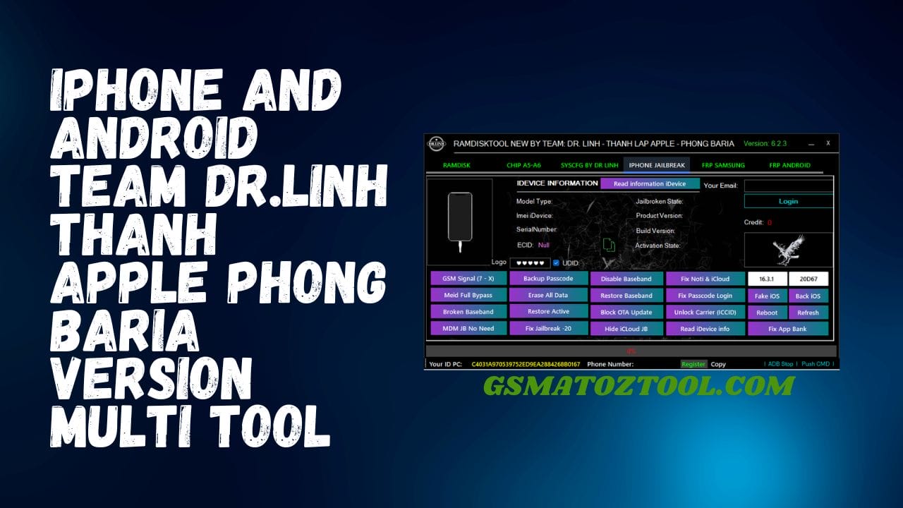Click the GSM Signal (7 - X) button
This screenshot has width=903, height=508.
[468, 279]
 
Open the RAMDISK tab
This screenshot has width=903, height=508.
[456, 165]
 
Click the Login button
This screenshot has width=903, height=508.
[788, 201]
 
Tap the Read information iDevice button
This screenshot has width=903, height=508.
[650, 184]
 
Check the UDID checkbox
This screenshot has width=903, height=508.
[556, 263]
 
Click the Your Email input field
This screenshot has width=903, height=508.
[788, 186]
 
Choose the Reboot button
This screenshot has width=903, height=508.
[767, 313]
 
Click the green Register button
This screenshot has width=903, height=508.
[693, 364]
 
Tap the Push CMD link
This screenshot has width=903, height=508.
[816, 364]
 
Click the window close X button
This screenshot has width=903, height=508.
[828, 143]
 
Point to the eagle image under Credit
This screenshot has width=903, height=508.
[788, 250]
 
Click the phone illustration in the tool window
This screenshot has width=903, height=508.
[460, 220]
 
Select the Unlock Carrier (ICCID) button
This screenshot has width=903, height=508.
[705, 312]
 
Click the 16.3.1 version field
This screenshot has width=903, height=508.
[767, 279]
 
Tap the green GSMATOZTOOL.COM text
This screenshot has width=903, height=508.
[638, 386]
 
